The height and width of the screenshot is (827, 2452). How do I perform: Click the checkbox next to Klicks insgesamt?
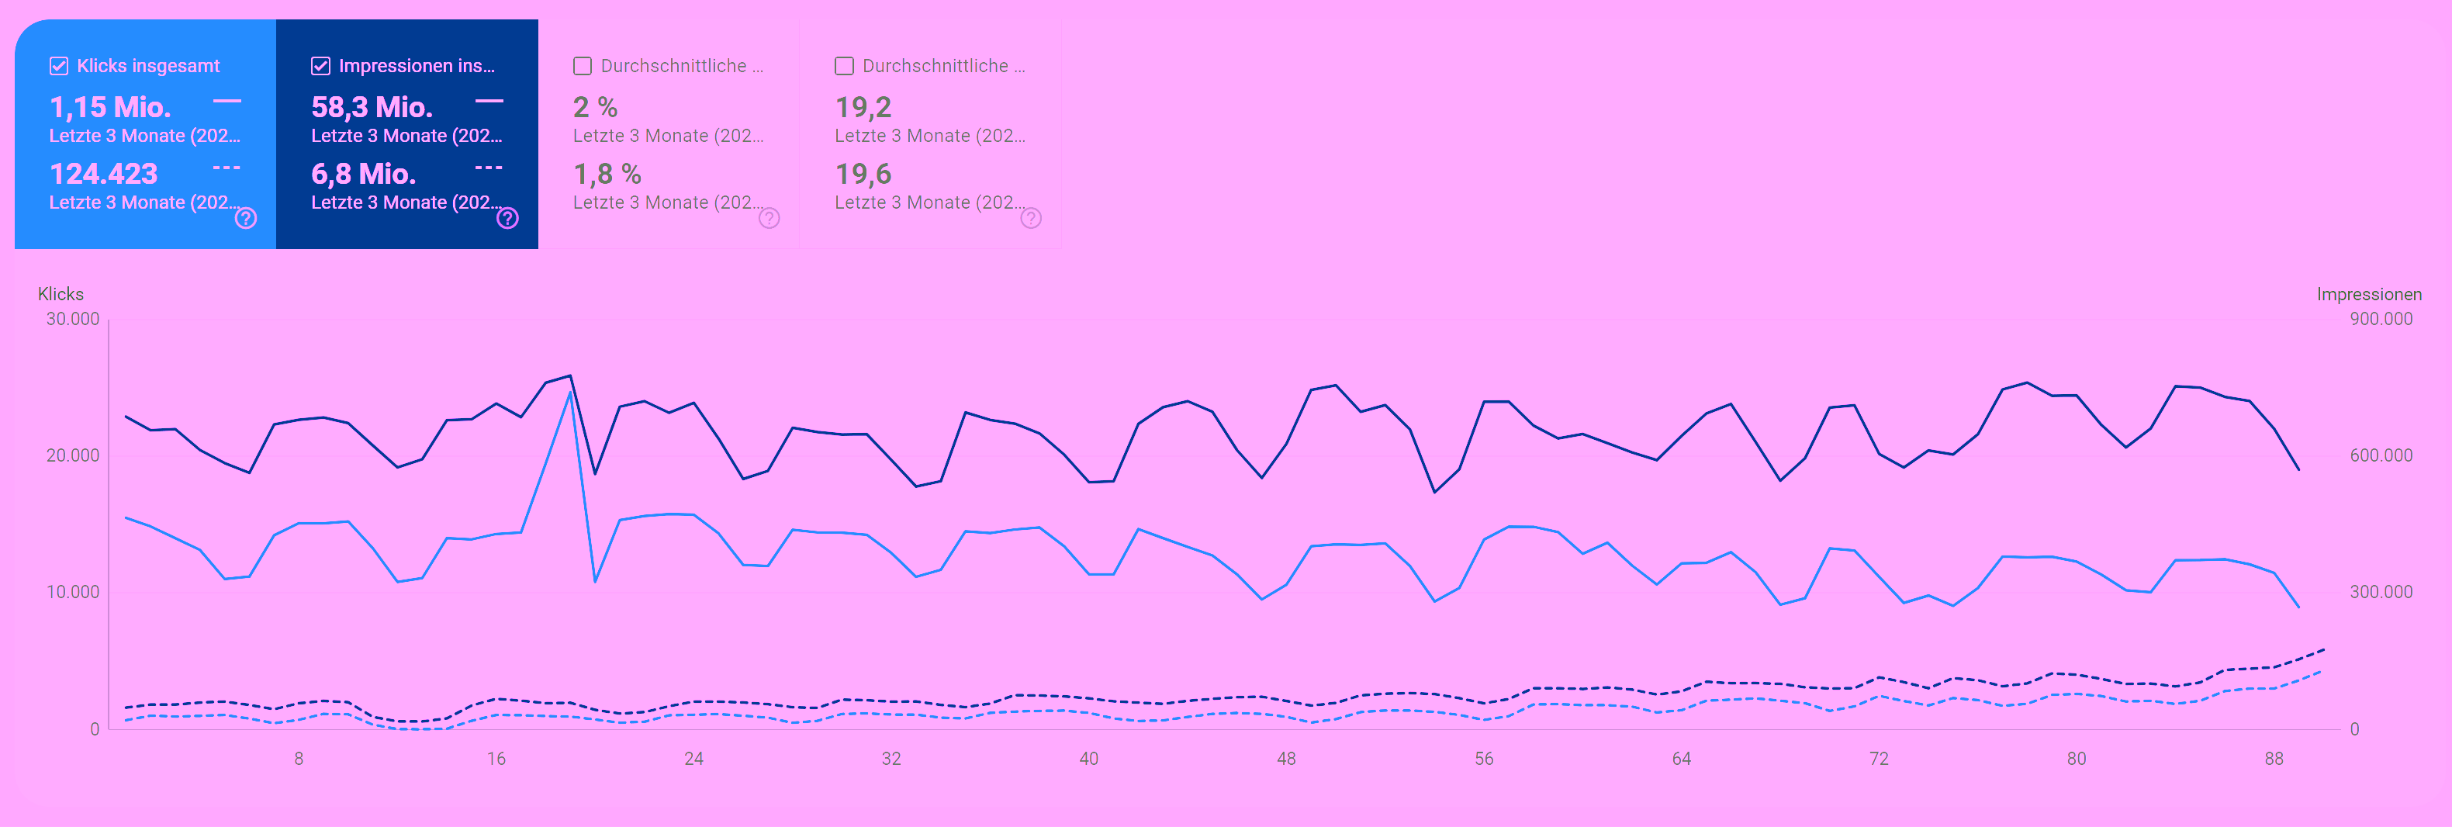pyautogui.click(x=59, y=66)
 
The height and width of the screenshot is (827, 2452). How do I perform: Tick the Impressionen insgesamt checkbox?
pyautogui.click(x=321, y=66)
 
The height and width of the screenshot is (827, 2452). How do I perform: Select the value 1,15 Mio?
pyautogui.click(x=110, y=106)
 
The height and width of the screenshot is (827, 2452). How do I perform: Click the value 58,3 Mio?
pyautogui.click(x=372, y=106)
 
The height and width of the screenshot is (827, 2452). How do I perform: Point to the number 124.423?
pyautogui.click(x=104, y=173)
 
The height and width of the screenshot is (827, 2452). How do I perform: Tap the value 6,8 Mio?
pyautogui.click(x=364, y=173)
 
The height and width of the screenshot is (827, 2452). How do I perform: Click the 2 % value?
pyautogui.click(x=595, y=106)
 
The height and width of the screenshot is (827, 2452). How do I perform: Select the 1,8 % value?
pyautogui.click(x=607, y=173)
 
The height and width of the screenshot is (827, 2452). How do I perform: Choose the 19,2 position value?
pyautogui.click(x=863, y=106)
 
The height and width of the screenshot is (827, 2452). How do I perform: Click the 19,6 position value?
pyautogui.click(x=863, y=173)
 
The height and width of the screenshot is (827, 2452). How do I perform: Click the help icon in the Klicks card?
pyautogui.click(x=246, y=218)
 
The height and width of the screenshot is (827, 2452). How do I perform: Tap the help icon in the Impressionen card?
pyautogui.click(x=507, y=218)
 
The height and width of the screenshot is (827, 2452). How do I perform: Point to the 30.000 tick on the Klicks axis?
pyautogui.click(x=72, y=319)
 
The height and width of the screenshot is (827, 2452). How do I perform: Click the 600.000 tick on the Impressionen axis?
pyautogui.click(x=2381, y=455)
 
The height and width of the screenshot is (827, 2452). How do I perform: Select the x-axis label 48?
pyautogui.click(x=1286, y=759)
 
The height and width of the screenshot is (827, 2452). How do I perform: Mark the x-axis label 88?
pyautogui.click(x=2273, y=759)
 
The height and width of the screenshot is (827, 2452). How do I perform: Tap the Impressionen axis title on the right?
pyautogui.click(x=2368, y=294)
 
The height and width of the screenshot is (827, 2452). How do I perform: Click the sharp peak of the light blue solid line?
pyautogui.click(x=570, y=392)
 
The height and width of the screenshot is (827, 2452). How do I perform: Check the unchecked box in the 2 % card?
pyautogui.click(x=583, y=66)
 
